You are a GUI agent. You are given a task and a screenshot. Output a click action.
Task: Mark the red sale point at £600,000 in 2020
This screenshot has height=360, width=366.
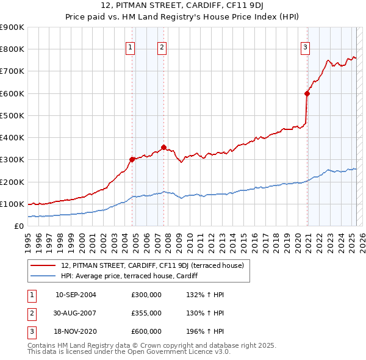[307, 93]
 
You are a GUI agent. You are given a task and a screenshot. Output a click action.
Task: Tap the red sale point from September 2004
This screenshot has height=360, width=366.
[132, 159]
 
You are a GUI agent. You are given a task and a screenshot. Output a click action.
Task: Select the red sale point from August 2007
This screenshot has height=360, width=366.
[163, 147]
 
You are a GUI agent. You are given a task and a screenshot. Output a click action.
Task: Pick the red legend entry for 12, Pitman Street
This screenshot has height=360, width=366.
[152, 265]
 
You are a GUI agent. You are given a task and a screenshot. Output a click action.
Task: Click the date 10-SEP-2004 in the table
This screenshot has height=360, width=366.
[76, 295]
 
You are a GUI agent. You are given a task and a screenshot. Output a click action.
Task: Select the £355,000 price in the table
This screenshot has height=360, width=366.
[146, 313]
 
